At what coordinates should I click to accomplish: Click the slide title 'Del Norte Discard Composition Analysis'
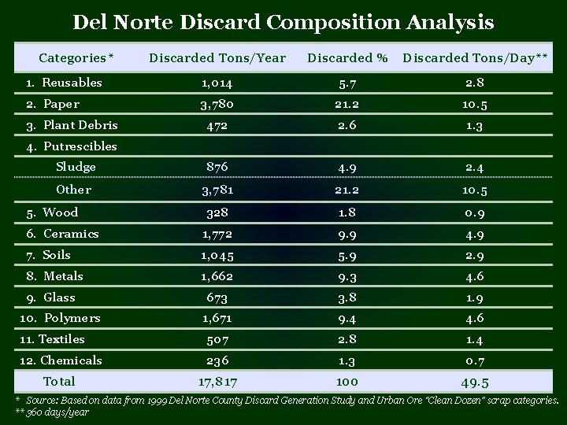tap(283, 21)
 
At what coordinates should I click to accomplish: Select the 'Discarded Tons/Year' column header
tap(217, 57)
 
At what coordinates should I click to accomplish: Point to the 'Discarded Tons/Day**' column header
tap(476, 57)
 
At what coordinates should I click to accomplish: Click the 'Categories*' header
tap(76, 57)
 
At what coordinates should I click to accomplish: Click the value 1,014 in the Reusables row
tap(217, 83)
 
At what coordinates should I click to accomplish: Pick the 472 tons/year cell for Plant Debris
tap(217, 126)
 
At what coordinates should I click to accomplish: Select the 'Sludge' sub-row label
tap(76, 167)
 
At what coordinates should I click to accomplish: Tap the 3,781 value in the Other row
tap(217, 190)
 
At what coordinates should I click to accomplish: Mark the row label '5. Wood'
tap(52, 213)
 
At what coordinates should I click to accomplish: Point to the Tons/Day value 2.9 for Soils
tap(476, 255)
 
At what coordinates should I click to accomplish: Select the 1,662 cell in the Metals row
tap(217, 276)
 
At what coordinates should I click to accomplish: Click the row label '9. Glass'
tap(51, 297)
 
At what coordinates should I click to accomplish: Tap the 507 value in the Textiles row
tap(217, 340)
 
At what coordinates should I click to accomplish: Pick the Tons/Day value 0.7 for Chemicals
tap(476, 361)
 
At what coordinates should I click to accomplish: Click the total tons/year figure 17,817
tap(217, 382)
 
